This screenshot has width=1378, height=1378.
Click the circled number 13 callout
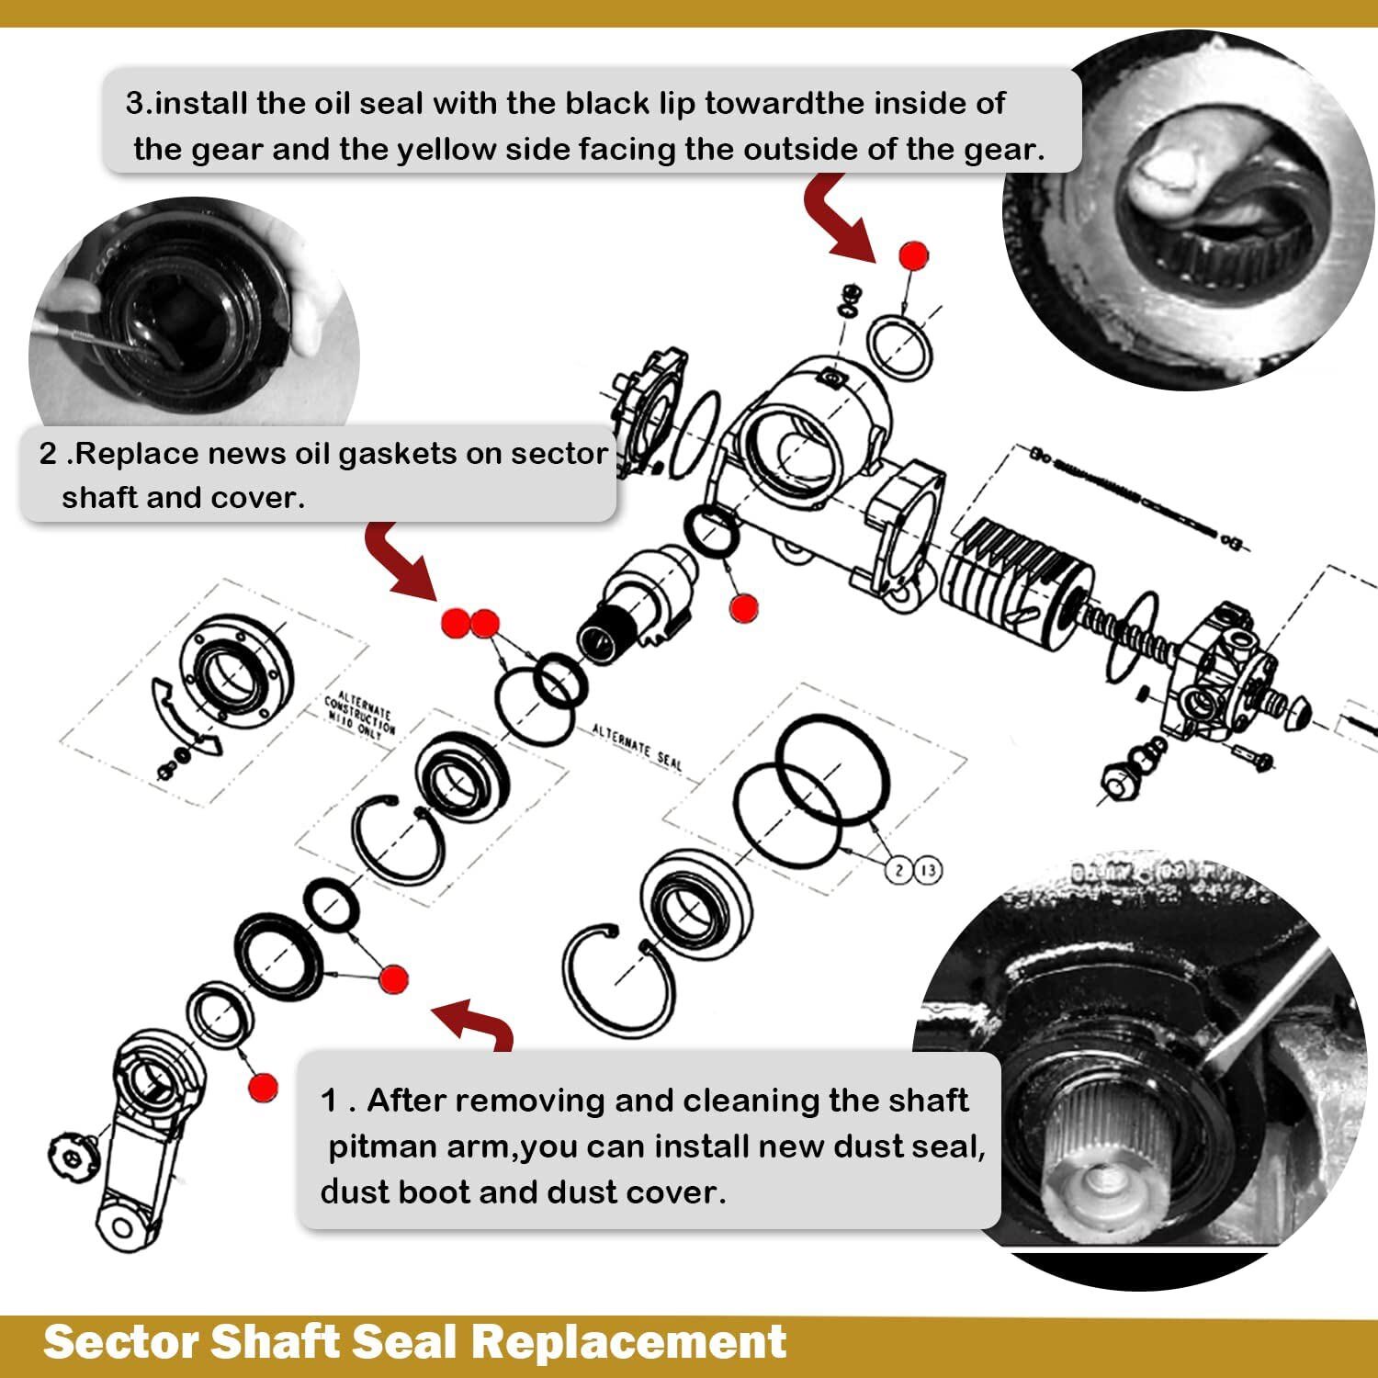click(x=928, y=869)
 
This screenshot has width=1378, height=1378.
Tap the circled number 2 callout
click(x=898, y=869)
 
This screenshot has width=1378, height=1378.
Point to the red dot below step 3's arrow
click(x=913, y=254)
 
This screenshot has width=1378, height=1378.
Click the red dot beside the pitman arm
click(x=263, y=1088)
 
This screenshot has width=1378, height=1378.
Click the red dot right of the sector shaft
click(x=743, y=606)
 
